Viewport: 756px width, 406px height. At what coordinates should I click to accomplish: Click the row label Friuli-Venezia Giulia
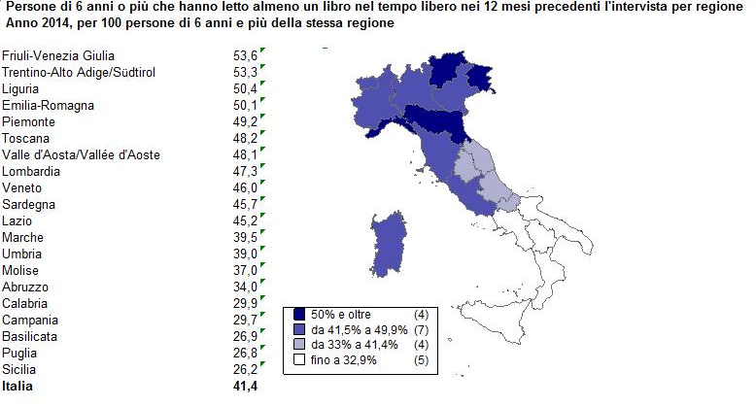coord(52,55)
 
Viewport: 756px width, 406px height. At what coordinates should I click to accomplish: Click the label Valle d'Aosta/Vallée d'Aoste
coord(81,154)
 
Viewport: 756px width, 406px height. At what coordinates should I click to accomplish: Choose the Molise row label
coord(21,270)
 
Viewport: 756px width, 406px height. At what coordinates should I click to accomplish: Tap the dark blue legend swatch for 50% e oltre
coord(299,315)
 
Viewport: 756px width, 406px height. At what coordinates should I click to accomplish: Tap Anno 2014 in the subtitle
coord(30,23)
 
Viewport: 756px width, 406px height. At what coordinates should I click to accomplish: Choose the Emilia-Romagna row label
coord(44,105)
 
